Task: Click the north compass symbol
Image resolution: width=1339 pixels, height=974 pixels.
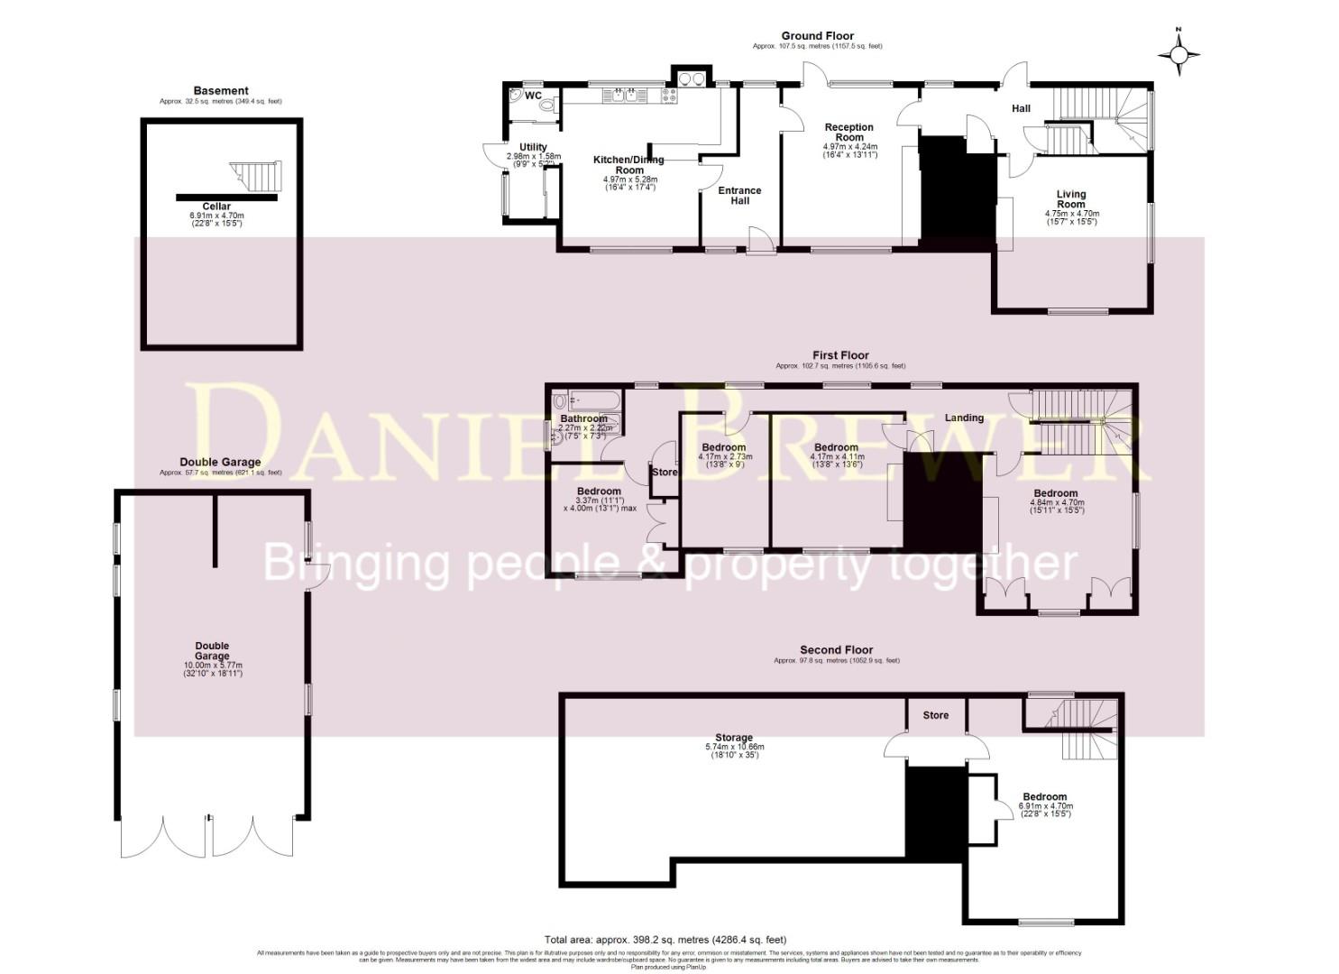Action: pos(1179,55)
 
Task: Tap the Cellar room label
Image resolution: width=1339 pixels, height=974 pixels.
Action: pos(216,207)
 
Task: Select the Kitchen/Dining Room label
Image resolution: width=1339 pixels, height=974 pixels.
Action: pos(628,165)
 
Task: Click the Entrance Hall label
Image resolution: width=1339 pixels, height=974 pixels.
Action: pos(739,196)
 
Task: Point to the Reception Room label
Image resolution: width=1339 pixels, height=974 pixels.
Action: pos(849,133)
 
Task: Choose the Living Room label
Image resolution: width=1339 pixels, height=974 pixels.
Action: pos(1071,198)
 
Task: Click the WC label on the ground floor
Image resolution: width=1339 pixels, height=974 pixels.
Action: pos(533,96)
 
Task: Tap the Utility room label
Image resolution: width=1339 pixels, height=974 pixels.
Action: pos(533,147)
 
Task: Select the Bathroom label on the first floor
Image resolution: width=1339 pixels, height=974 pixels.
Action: pos(583,418)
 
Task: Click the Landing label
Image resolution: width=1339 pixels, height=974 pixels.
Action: pos(964,418)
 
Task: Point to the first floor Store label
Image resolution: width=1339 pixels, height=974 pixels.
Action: pos(665,472)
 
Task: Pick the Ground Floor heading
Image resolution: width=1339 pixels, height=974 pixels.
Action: pos(817,36)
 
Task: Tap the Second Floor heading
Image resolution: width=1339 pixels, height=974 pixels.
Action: pos(836,649)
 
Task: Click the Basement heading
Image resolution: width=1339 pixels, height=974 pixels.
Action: pos(221,90)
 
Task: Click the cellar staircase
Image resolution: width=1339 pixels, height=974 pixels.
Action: pos(256,177)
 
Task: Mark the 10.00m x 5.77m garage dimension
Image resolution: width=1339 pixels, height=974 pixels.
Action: pos(213,666)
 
